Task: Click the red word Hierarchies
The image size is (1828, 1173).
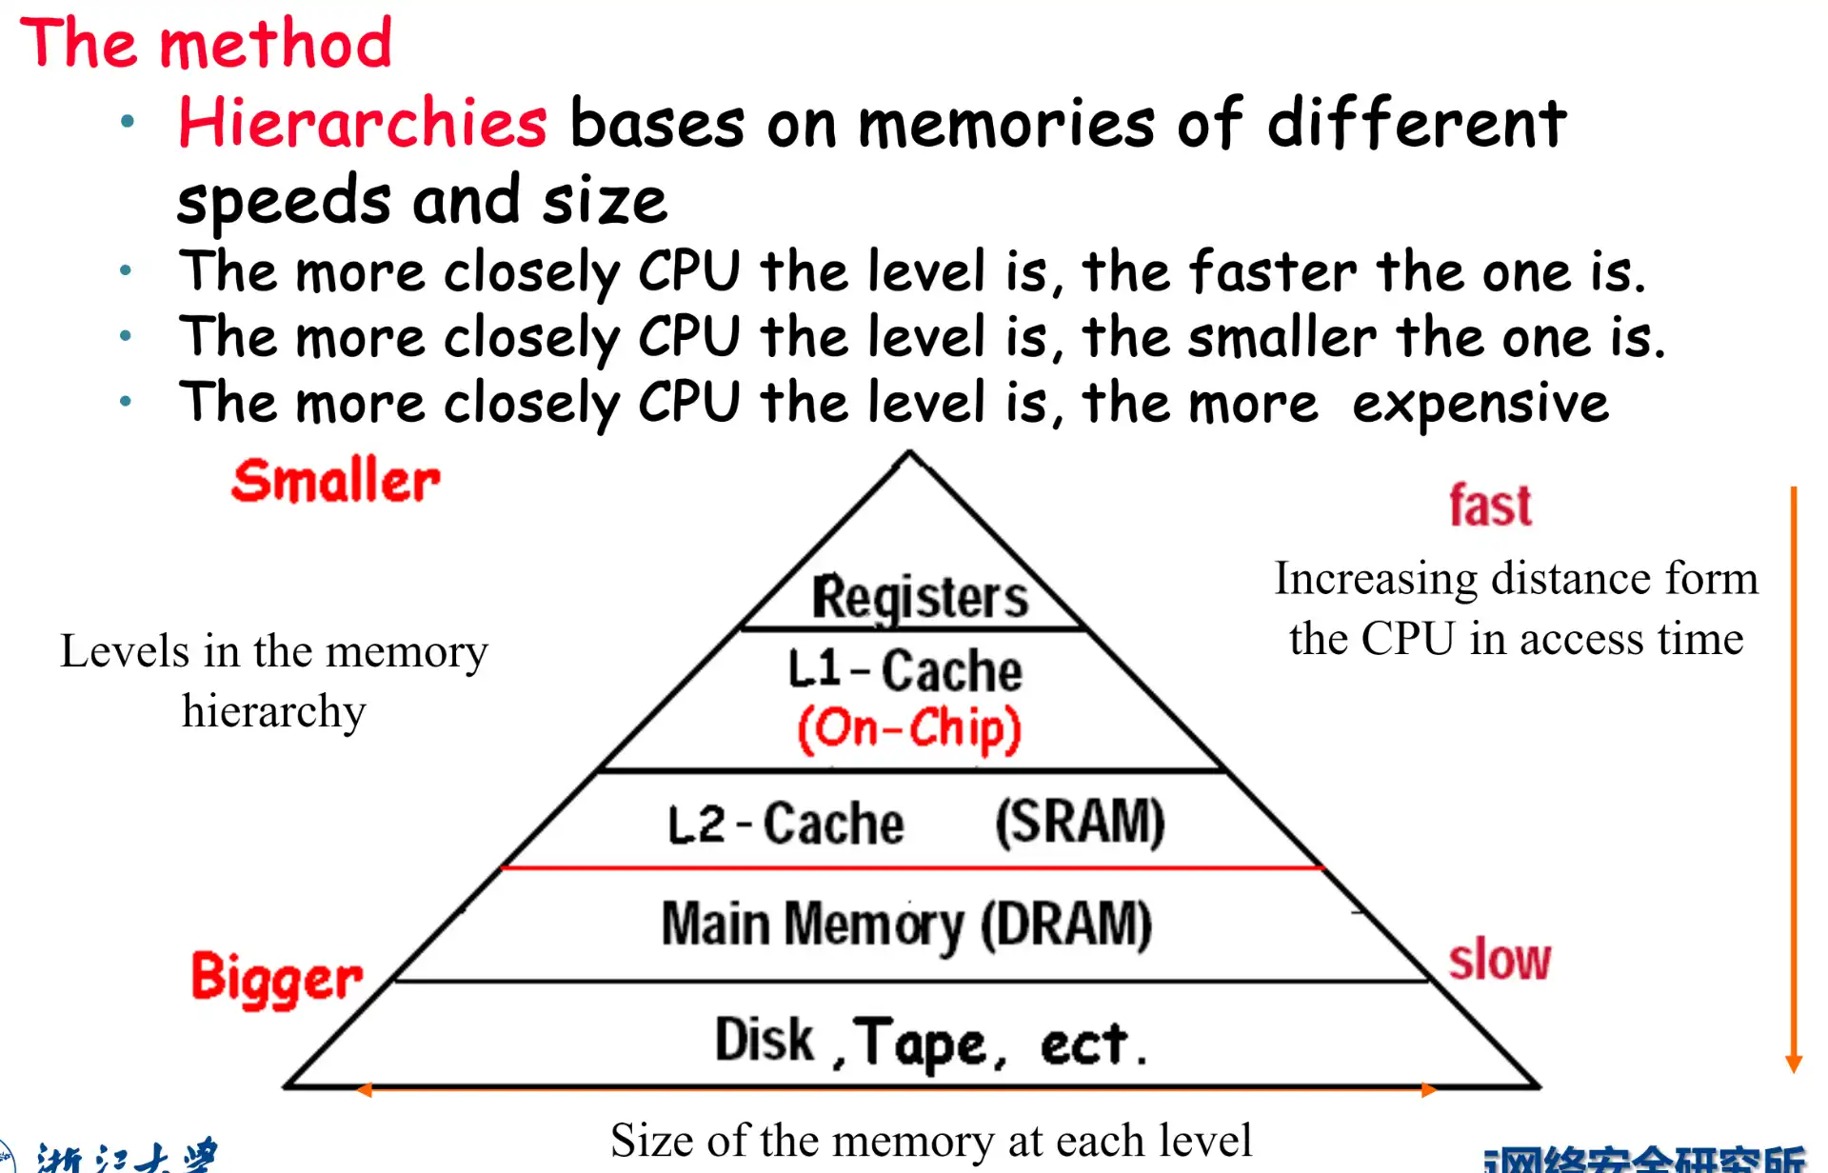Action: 362,124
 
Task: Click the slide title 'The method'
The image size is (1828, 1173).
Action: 206,44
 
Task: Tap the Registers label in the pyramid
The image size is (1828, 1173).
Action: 919,598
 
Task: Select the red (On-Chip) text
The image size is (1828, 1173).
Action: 909,729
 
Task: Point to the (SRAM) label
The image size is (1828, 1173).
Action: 1080,822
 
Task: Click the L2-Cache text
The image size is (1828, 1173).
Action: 785,825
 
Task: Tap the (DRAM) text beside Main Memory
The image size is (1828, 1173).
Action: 1066,924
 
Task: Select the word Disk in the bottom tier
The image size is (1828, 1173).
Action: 765,1040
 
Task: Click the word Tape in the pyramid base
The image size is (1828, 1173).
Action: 920,1044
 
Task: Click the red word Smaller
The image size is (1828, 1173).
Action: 335,481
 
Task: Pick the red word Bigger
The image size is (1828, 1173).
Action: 276,979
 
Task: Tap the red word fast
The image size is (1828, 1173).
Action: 1490,506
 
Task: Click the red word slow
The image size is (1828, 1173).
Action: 1500,960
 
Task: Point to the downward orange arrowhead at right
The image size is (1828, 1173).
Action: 1794,1063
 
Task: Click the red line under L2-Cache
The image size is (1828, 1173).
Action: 912,867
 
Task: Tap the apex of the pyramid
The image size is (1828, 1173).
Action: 909,453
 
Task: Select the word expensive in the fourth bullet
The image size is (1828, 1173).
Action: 1480,404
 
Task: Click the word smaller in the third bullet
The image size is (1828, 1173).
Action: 1282,338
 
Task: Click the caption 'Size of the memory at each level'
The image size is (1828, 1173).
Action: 931,1141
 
